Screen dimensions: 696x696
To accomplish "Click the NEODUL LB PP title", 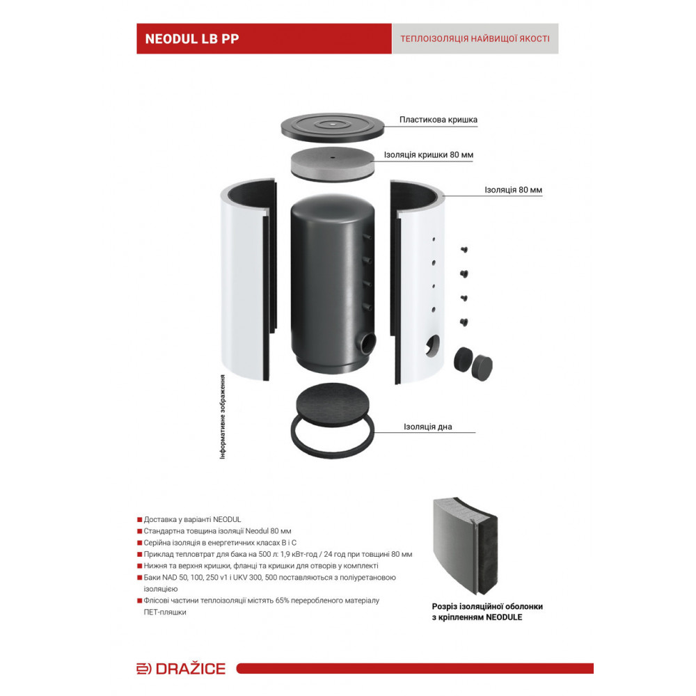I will pyautogui.click(x=192, y=39).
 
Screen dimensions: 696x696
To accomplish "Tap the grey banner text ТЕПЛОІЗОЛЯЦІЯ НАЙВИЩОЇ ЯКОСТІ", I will pyautogui.click(x=475, y=39).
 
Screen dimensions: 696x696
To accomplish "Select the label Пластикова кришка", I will pyautogui.click(x=438, y=120).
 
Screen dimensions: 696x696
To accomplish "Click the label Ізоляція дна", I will pyautogui.click(x=427, y=427).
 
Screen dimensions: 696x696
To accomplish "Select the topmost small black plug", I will pyautogui.click(x=464, y=248).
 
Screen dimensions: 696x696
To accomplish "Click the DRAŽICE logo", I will pyautogui.click(x=181, y=669).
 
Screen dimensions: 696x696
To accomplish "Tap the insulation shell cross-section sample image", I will pyautogui.click(x=466, y=546).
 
